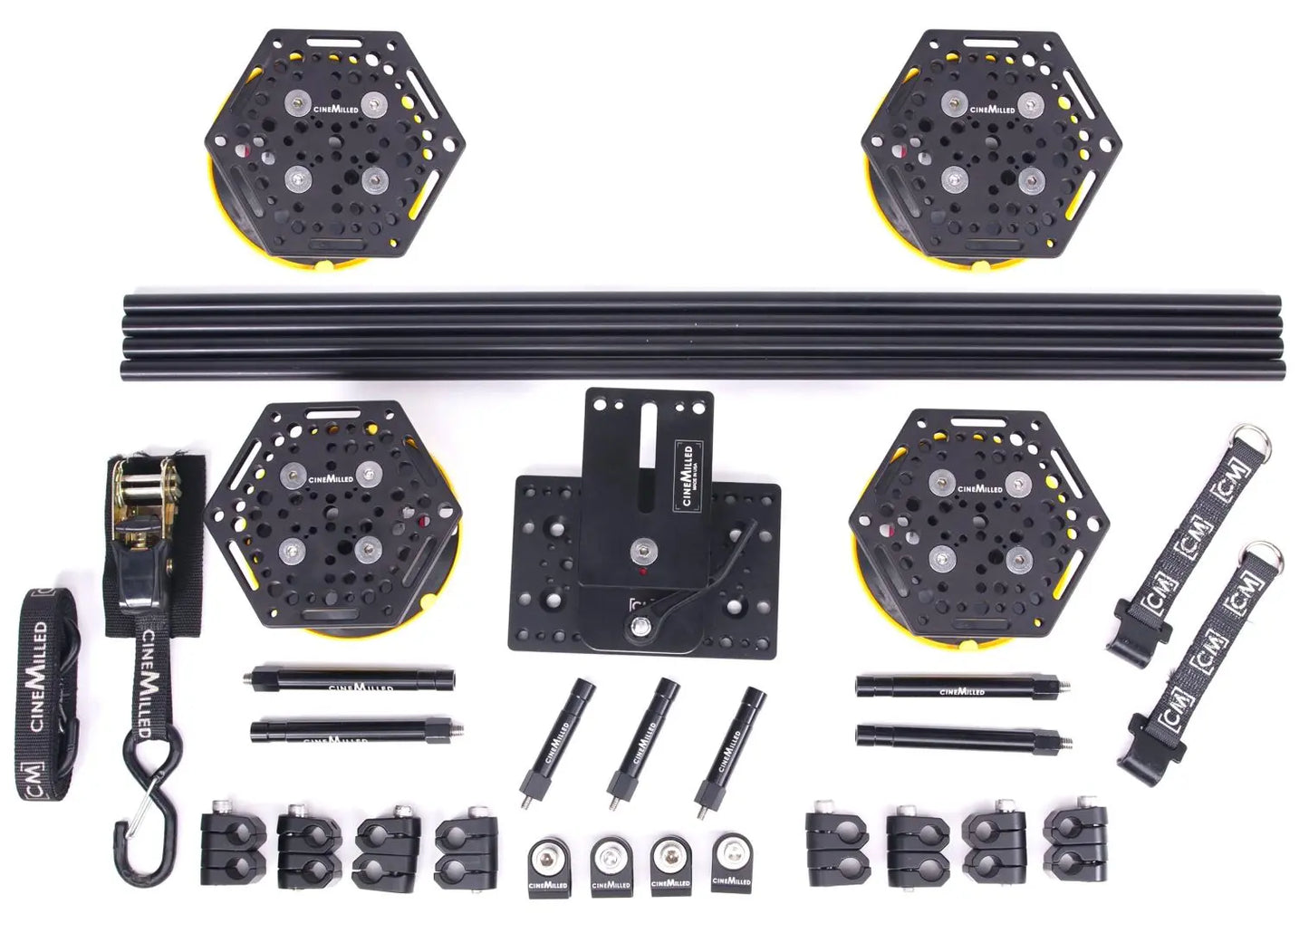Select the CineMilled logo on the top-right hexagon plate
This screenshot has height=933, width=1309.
pyautogui.click(x=993, y=109)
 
